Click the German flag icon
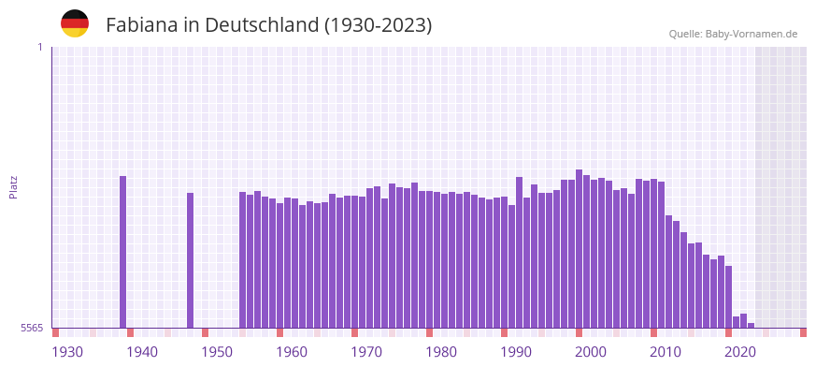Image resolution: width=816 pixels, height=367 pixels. pyautogui.click(x=75, y=23)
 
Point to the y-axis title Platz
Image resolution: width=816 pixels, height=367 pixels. pyautogui.click(x=13, y=186)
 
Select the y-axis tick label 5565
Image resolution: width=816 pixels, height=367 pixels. pyautogui.click(x=32, y=329)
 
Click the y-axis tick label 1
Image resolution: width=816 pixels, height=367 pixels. pyautogui.click(x=39, y=47)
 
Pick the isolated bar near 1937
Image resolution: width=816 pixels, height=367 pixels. pyautogui.click(x=122, y=252)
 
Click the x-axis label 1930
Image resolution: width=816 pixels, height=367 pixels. pyautogui.click(x=67, y=352)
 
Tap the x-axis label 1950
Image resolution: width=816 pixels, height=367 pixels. pyautogui.click(x=217, y=352)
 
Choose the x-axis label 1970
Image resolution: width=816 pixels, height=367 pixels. pyautogui.click(x=366, y=352)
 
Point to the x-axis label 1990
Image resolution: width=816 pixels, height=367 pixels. pyautogui.click(x=516, y=352)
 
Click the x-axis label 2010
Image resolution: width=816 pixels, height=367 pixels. pyautogui.click(x=666, y=352)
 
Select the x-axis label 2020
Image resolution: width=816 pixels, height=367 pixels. pyautogui.click(x=740, y=352)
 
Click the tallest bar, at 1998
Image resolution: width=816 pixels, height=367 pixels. pyautogui.click(x=579, y=249)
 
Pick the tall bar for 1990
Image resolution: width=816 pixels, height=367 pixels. pyautogui.click(x=519, y=253)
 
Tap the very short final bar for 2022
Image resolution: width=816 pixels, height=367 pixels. pyautogui.click(x=751, y=325)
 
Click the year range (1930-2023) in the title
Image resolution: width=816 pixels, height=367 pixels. pyautogui.click(x=378, y=25)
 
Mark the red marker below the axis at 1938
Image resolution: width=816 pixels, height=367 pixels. pyautogui.click(x=130, y=332)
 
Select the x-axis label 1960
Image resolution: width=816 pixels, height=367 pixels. pyautogui.click(x=292, y=352)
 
